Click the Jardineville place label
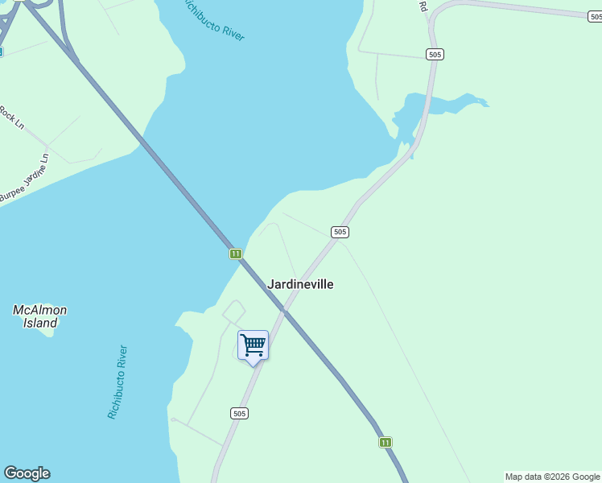click(x=300, y=284)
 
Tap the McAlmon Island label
click(x=39, y=316)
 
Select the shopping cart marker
click(x=253, y=345)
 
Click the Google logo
click(x=27, y=473)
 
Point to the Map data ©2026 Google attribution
click(x=553, y=477)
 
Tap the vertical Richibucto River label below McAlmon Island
click(x=118, y=382)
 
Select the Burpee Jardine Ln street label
click(x=25, y=184)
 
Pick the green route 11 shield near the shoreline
click(x=235, y=254)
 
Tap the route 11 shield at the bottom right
click(x=386, y=442)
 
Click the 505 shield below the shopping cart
click(x=239, y=413)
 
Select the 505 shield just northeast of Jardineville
click(x=340, y=232)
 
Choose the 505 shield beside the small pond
click(x=435, y=54)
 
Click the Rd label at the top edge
click(x=422, y=6)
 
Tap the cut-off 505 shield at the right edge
click(x=595, y=16)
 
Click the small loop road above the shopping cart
click(x=233, y=311)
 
